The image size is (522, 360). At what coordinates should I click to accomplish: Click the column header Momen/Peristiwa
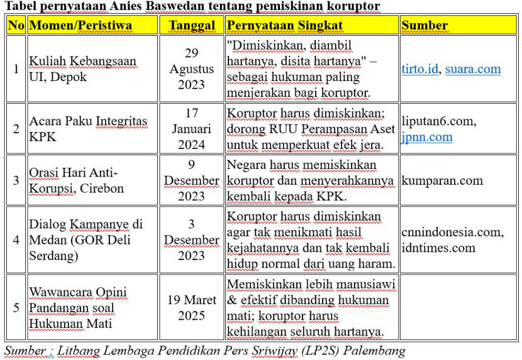[81, 26]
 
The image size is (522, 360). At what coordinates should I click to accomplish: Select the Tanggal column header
[191, 26]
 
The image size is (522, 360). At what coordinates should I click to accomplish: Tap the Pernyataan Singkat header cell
[284, 26]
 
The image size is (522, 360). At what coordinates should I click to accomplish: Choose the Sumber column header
[425, 26]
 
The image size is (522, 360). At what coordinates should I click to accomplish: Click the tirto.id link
[419, 69]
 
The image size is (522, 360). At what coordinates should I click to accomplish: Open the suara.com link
[473, 69]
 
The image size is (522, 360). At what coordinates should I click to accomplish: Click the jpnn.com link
[427, 136]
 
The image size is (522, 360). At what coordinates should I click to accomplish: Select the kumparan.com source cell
[442, 180]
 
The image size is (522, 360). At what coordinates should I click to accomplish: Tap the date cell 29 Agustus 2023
[191, 68]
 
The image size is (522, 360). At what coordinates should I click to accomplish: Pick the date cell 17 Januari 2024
[191, 129]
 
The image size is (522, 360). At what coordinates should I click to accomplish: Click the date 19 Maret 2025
[191, 307]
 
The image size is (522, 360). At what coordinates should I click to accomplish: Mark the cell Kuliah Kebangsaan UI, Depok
[82, 69]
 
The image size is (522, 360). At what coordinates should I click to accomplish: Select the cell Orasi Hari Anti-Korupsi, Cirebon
[77, 180]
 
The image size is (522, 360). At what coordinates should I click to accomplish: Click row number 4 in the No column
[16, 240]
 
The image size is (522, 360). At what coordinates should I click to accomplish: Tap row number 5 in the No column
[16, 308]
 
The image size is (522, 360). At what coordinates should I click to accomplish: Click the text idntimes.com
[438, 248]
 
